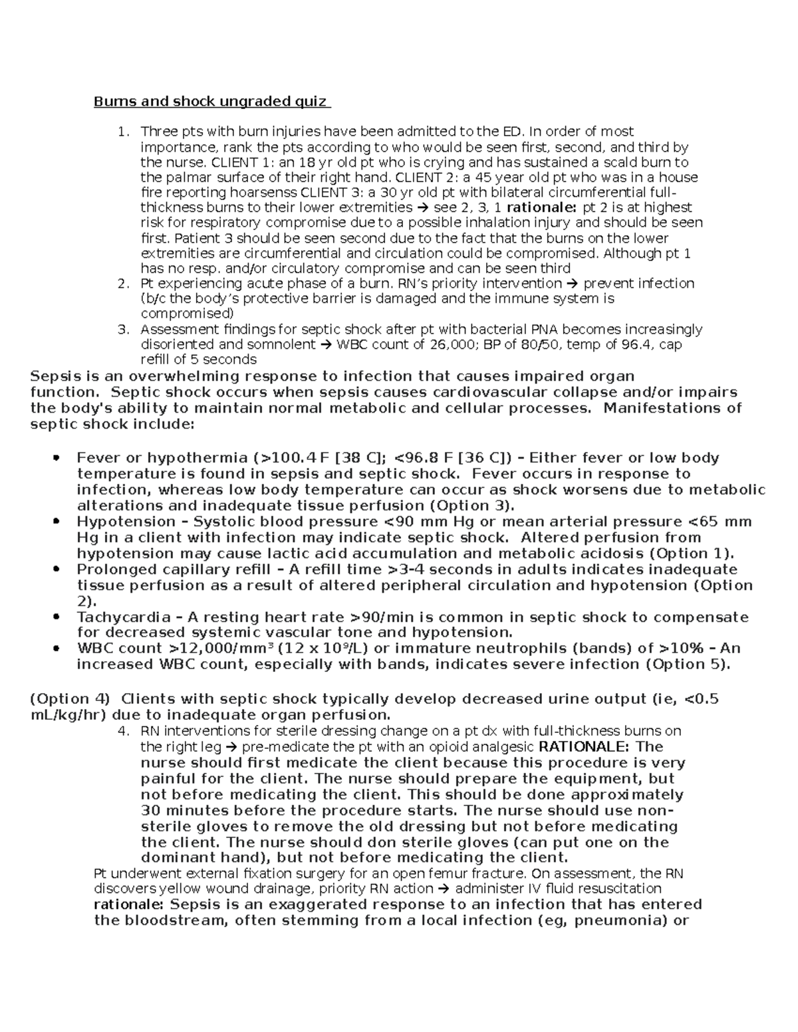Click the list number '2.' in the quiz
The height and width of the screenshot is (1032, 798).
point(122,284)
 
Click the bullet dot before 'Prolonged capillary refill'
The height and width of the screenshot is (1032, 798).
point(57,569)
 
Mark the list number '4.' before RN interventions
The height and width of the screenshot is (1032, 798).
point(122,731)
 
